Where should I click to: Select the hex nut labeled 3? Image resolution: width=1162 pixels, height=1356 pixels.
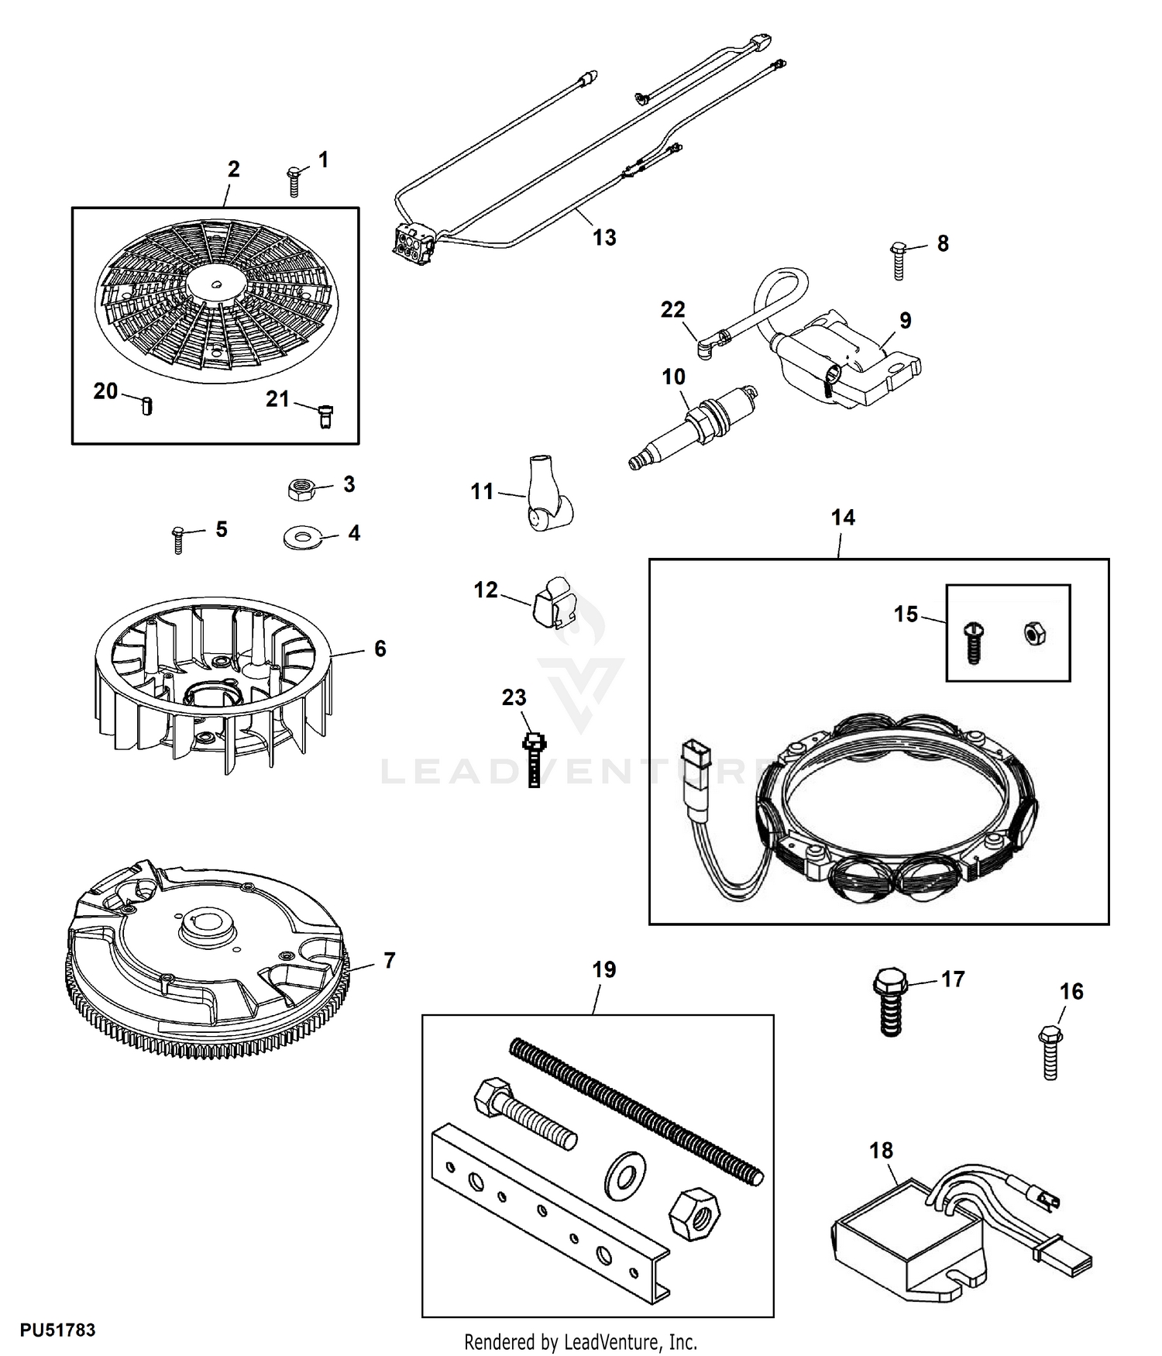pyautogui.click(x=300, y=489)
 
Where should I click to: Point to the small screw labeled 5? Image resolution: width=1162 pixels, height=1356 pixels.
pyautogui.click(x=178, y=539)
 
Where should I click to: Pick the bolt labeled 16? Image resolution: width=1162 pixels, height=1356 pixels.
pyautogui.click(x=1050, y=1051)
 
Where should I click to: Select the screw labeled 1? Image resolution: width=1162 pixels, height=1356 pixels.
pyautogui.click(x=294, y=181)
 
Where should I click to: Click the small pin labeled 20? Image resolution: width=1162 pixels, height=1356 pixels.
pyautogui.click(x=147, y=405)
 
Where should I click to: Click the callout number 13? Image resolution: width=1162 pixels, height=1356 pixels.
pyautogui.click(x=604, y=238)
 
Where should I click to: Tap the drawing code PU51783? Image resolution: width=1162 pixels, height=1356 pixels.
pyautogui.click(x=58, y=1330)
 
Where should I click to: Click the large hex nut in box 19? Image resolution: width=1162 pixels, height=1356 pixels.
pyautogui.click(x=694, y=1215)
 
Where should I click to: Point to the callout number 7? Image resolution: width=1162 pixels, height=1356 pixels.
pyautogui.click(x=390, y=961)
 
